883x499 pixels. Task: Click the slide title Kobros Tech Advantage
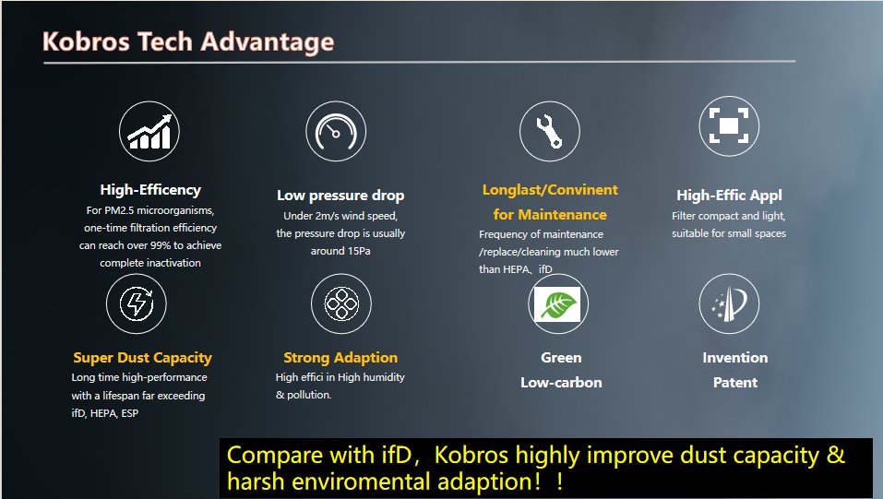pos(188,42)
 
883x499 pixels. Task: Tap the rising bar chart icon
pos(149,132)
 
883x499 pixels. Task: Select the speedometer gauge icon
pos(336,132)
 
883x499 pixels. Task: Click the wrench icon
pos(549,132)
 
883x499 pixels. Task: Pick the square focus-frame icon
pos(729,125)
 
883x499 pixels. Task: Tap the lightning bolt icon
pos(137,303)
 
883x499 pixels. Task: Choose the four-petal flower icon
pos(341,303)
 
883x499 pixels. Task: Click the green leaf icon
pos(557,304)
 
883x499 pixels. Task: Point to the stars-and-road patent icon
pos(729,303)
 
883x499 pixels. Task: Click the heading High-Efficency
pos(150,190)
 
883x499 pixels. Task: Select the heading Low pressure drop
pos(340,196)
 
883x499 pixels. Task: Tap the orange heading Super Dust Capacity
pos(142,358)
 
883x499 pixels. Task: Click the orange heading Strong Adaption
pos(340,358)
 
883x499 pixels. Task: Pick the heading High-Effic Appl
pos(729,196)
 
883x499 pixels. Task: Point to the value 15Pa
pos(356,251)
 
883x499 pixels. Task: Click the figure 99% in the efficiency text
pos(161,245)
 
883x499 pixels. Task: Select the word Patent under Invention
pos(734,383)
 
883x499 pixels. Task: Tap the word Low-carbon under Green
pos(561,383)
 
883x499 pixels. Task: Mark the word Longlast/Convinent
pos(550,190)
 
